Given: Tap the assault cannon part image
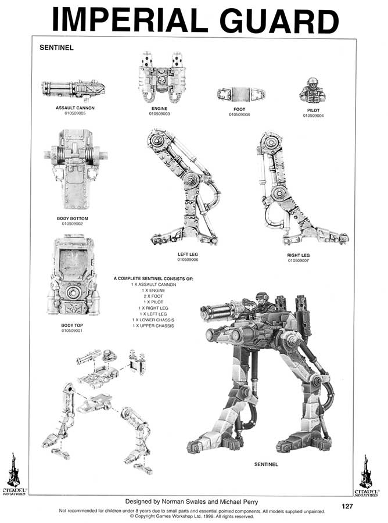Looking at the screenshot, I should click(x=73, y=89).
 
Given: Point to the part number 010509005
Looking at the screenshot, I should click(x=75, y=113).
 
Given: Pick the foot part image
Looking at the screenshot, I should click(x=237, y=94).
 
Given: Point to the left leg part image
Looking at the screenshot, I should click(x=183, y=186).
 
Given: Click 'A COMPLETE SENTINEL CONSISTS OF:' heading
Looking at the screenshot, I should click(x=153, y=279).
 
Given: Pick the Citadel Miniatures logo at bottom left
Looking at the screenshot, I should click(x=13, y=471).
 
